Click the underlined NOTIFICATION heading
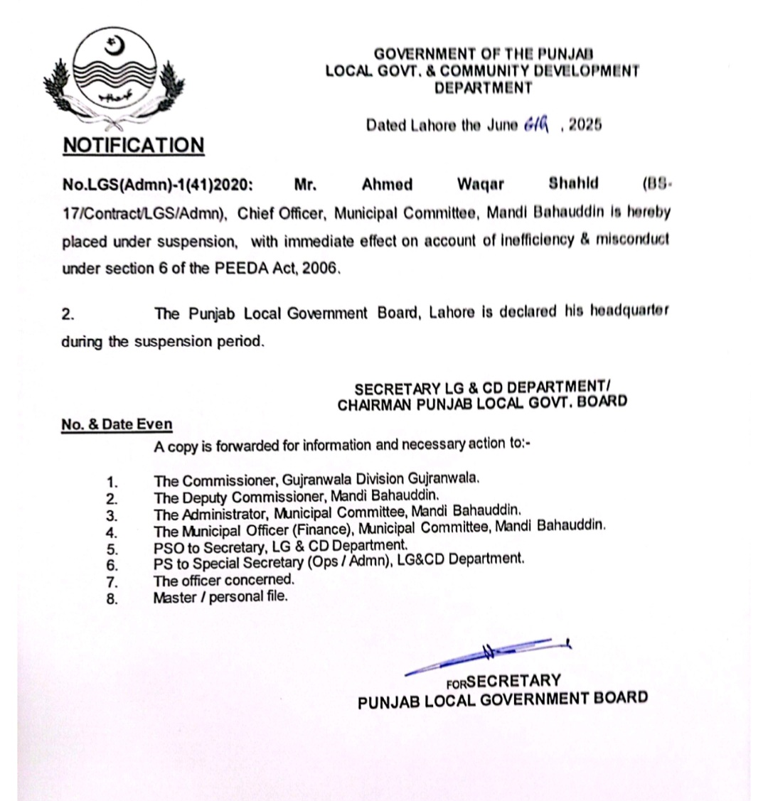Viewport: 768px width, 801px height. click(133, 146)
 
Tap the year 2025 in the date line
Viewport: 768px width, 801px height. click(585, 125)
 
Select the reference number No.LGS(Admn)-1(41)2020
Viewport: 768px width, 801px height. click(157, 185)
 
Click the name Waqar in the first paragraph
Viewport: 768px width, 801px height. click(480, 185)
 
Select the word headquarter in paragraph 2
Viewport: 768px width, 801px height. click(629, 313)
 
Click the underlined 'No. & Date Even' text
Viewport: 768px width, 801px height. click(117, 424)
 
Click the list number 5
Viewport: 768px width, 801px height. click(112, 549)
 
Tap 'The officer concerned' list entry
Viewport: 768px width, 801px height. click(223, 580)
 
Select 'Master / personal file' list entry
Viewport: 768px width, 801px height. click(220, 597)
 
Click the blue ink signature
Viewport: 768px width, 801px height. click(491, 654)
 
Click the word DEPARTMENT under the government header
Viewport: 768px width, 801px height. click(483, 88)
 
